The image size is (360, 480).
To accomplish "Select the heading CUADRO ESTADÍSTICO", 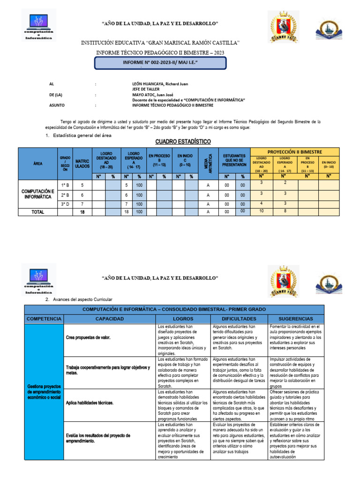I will (183, 142).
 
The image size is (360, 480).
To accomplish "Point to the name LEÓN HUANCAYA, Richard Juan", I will (160, 84).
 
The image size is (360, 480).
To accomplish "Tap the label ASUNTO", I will (58, 105).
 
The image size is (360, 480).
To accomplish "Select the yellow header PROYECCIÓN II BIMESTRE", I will (294, 152).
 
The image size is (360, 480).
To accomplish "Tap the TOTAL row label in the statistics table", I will (37, 212).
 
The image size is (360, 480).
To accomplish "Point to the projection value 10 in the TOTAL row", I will (262, 211).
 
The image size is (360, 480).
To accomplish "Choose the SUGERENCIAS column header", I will (296, 319).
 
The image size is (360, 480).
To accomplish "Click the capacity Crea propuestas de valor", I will (89, 338).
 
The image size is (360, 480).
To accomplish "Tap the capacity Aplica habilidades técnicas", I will (90, 403).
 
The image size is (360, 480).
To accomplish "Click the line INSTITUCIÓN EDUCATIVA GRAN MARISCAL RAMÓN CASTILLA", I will (160, 43).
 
